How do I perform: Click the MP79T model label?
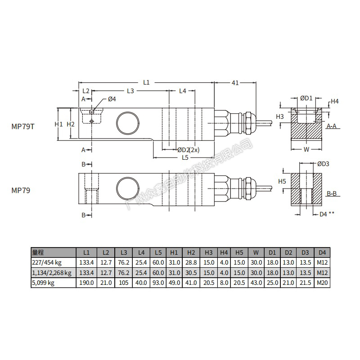[23, 126]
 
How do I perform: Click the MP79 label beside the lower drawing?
[21, 190]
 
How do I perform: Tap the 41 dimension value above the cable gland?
[235, 83]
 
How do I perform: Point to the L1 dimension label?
[146, 82]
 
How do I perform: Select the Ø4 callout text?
[112, 99]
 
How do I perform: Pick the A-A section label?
[332, 126]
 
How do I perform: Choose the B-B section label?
[332, 194]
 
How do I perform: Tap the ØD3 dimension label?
[323, 164]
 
